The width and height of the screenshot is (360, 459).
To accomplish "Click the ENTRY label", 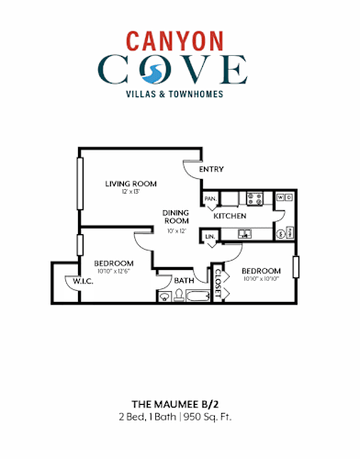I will point(211,169).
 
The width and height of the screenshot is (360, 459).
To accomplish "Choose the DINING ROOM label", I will point(176,217).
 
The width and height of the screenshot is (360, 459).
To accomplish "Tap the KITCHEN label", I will point(230,216).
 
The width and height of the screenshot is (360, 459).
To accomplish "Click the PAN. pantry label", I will point(210,197).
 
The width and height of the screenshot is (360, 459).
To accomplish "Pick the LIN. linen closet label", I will point(210,238).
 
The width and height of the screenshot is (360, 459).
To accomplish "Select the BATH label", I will point(185,280).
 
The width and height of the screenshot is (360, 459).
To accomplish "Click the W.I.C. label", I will point(83,281).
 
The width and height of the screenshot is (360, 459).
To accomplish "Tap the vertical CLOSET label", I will point(218,282).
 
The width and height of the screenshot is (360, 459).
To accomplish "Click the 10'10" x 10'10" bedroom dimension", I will point(261,278).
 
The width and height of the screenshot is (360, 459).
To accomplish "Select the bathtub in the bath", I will point(196,296).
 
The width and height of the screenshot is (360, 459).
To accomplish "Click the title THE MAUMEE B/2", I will point(180,404).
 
